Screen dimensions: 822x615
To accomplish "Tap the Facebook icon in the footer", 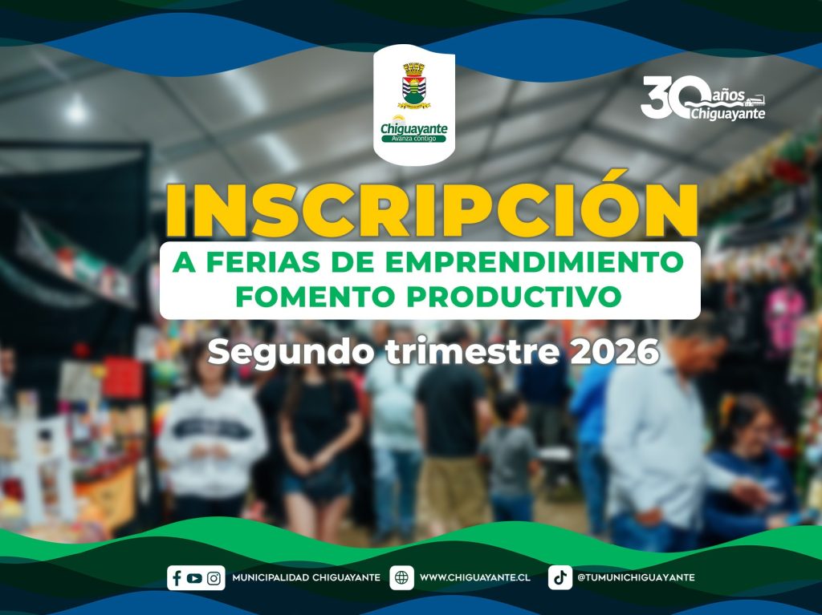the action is pyautogui.click(x=177, y=578).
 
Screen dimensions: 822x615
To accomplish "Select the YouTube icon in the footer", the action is pyautogui.click(x=194, y=578).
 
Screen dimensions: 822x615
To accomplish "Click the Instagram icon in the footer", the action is pyautogui.click(x=214, y=578).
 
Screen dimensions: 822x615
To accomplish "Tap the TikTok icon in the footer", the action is pyautogui.click(x=560, y=578).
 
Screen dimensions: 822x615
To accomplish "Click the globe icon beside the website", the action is pyautogui.click(x=401, y=578).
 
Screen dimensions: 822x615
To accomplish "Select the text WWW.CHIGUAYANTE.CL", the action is pyautogui.click(x=475, y=578).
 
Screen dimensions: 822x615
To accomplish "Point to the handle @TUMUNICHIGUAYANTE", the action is pyautogui.click(x=636, y=578).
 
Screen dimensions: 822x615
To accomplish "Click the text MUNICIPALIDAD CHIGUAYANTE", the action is pyautogui.click(x=306, y=578).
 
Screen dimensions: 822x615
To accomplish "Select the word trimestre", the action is pyautogui.click(x=472, y=351).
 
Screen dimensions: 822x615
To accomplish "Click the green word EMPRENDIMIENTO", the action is pyautogui.click(x=535, y=262).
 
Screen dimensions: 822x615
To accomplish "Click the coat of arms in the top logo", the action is pyautogui.click(x=413, y=85).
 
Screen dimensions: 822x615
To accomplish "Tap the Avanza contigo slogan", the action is pyautogui.click(x=413, y=139).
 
